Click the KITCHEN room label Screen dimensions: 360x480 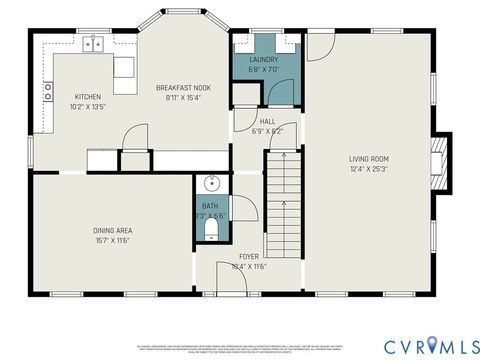point(87,97)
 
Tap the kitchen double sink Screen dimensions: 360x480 point(96,43)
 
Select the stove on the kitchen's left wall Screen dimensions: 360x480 point(47,92)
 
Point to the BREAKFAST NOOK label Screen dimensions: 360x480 point(182,88)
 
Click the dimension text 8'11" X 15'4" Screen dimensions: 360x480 point(182,97)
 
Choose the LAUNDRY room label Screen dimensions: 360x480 point(263,59)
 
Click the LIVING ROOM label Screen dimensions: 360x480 point(367,159)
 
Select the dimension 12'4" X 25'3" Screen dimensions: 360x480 point(367,168)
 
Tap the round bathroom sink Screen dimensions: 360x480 point(210,184)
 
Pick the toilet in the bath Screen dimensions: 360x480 point(210,231)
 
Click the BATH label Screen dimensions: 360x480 point(209,207)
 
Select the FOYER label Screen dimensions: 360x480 point(249,256)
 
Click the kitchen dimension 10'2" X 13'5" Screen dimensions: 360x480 point(87,106)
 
